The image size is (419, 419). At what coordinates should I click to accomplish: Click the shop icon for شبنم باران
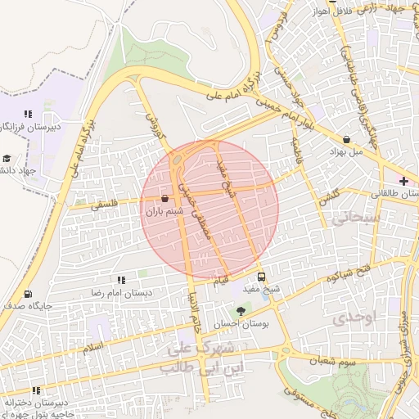pos(165,198)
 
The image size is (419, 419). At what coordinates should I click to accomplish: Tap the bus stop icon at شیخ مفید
pos(262,277)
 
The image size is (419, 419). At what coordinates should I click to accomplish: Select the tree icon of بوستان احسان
pos(240,311)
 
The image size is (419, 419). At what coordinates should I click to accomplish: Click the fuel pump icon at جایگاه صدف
pos(29,294)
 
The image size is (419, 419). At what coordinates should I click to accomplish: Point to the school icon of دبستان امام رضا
pos(121,280)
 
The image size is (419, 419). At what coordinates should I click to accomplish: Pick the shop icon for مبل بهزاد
pos(349,139)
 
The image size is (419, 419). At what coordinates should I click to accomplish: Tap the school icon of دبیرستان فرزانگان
pos(27,115)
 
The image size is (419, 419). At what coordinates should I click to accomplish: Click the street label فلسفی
pos(103,207)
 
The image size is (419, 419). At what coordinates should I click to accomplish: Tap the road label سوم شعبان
pos(333,360)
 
